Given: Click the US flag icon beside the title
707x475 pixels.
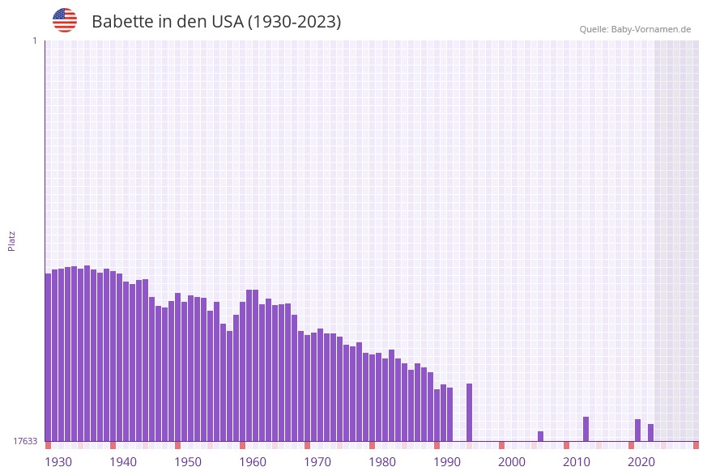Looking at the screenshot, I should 65,20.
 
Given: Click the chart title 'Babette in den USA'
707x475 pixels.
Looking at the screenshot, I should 216,22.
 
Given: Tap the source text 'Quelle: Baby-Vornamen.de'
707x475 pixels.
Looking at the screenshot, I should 635,29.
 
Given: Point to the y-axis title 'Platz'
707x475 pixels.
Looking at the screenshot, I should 12,240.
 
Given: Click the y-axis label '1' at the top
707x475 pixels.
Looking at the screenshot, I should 34,40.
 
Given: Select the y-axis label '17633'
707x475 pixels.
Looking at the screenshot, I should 25,441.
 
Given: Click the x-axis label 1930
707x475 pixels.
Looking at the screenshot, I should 58,462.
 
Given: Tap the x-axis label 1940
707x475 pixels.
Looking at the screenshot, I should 123,462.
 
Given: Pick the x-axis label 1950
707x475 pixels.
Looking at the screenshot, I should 188,462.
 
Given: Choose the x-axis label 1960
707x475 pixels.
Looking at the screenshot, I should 253,462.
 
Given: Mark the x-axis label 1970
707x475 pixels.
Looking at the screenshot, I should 317,462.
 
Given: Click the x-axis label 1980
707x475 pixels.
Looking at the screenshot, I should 382,462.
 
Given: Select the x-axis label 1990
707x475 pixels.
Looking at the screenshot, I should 447,462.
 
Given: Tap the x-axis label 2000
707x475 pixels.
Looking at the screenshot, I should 512,462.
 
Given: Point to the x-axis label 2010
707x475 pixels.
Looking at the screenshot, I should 577,462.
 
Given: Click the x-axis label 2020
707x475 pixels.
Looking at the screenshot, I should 641,462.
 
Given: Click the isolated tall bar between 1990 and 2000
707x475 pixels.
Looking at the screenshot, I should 469,413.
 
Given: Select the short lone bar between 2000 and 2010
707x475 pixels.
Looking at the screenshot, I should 540,436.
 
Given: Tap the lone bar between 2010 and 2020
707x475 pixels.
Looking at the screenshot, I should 586,429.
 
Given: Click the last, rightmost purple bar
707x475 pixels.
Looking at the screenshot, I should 650,432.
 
